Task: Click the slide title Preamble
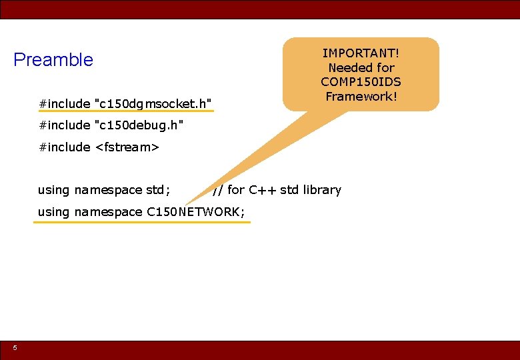(53, 60)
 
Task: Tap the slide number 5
(15, 347)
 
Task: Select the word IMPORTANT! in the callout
(361, 53)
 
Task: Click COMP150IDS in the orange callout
(361, 81)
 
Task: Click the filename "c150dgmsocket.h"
(154, 103)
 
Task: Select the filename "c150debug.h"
(139, 125)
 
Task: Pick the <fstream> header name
(127, 147)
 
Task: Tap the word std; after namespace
(158, 190)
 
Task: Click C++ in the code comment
(263, 190)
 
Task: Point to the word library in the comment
(321, 190)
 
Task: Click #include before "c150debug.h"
(64, 125)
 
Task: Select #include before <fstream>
(64, 147)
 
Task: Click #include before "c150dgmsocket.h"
(64, 103)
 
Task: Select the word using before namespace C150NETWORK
(53, 212)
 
